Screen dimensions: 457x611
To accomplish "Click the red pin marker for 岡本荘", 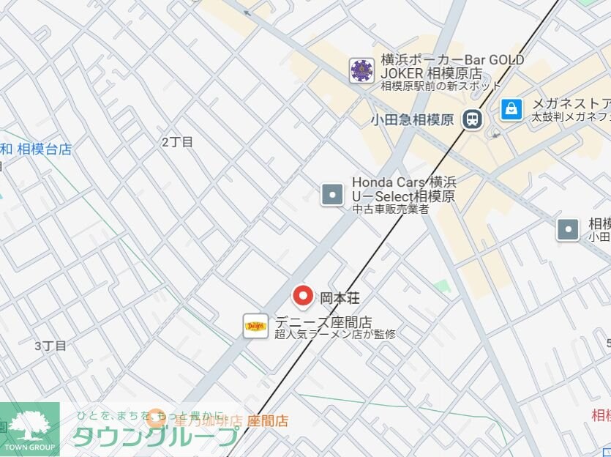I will pyautogui.click(x=303, y=296).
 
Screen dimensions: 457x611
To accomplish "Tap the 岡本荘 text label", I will pyautogui.click(x=340, y=298).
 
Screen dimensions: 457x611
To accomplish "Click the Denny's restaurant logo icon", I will pyautogui.click(x=256, y=326).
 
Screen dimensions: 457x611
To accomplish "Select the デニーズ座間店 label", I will pyautogui.click(x=323, y=322).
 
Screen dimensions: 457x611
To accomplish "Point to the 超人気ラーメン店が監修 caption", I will pyautogui.click(x=335, y=335).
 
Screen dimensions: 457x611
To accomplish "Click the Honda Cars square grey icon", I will pyautogui.click(x=332, y=194).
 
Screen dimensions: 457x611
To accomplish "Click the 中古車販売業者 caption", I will pyautogui.click(x=391, y=209).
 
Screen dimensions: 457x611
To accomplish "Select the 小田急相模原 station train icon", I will pyautogui.click(x=472, y=119).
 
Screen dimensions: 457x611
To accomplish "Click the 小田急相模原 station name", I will pyautogui.click(x=413, y=119).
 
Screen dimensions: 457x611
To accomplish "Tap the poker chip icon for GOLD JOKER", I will pyautogui.click(x=361, y=70).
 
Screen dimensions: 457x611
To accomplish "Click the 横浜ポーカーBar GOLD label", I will pyautogui.click(x=452, y=60).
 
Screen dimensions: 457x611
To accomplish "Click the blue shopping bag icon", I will pyautogui.click(x=511, y=109).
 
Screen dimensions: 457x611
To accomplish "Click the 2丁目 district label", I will pyautogui.click(x=177, y=142).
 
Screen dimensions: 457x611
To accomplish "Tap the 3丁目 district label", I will pyautogui.click(x=50, y=346).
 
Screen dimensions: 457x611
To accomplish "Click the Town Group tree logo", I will pyautogui.click(x=30, y=428).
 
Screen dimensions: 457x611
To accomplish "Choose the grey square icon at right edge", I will pyautogui.click(x=568, y=229).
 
